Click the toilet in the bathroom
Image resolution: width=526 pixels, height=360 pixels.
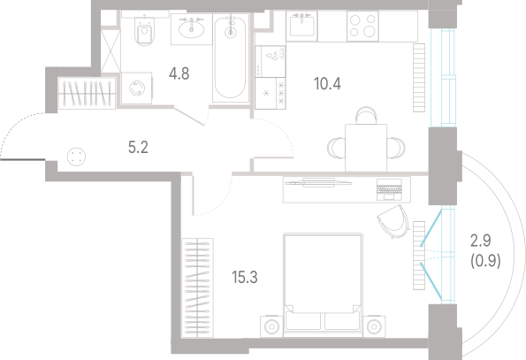tap(145, 31)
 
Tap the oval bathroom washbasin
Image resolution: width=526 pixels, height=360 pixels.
tap(191, 29)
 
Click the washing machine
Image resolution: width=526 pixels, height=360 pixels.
tap(136, 88)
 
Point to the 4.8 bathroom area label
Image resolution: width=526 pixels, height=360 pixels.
tap(179, 73)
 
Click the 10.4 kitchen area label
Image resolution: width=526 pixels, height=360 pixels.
tap(327, 84)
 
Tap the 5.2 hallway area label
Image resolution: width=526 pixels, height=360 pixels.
tap(138, 148)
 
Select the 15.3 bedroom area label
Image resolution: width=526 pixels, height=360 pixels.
tap(245, 278)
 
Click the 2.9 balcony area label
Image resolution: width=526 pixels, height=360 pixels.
tap(481, 241)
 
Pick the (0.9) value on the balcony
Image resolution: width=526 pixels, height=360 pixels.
tap(485, 261)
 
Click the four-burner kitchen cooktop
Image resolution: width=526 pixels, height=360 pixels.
tap(362, 27)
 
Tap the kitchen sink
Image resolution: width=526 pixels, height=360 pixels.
tap(301, 26)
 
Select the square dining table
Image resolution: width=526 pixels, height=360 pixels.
tap(366, 148)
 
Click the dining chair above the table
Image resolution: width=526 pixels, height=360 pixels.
tap(366, 115)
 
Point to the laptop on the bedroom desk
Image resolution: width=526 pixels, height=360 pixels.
tap(389, 189)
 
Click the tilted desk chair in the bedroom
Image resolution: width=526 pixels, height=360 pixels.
tap(393, 221)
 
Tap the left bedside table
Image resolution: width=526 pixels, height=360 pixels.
tap(271, 326)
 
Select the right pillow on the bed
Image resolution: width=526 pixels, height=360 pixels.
tap(342, 321)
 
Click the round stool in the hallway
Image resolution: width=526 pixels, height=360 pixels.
tap(77, 157)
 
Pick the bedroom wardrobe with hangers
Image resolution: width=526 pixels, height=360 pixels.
tap(198, 287)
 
